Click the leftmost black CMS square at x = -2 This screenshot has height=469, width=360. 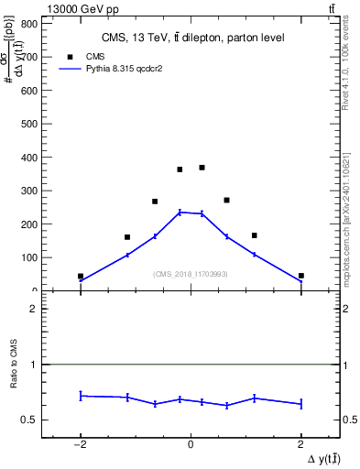click(81, 276)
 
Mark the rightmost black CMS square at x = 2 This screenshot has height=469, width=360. click(300, 276)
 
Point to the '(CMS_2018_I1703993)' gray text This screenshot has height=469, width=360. click(190, 274)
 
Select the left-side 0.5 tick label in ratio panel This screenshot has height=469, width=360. click(29, 420)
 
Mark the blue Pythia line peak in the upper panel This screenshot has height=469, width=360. click(180, 212)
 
